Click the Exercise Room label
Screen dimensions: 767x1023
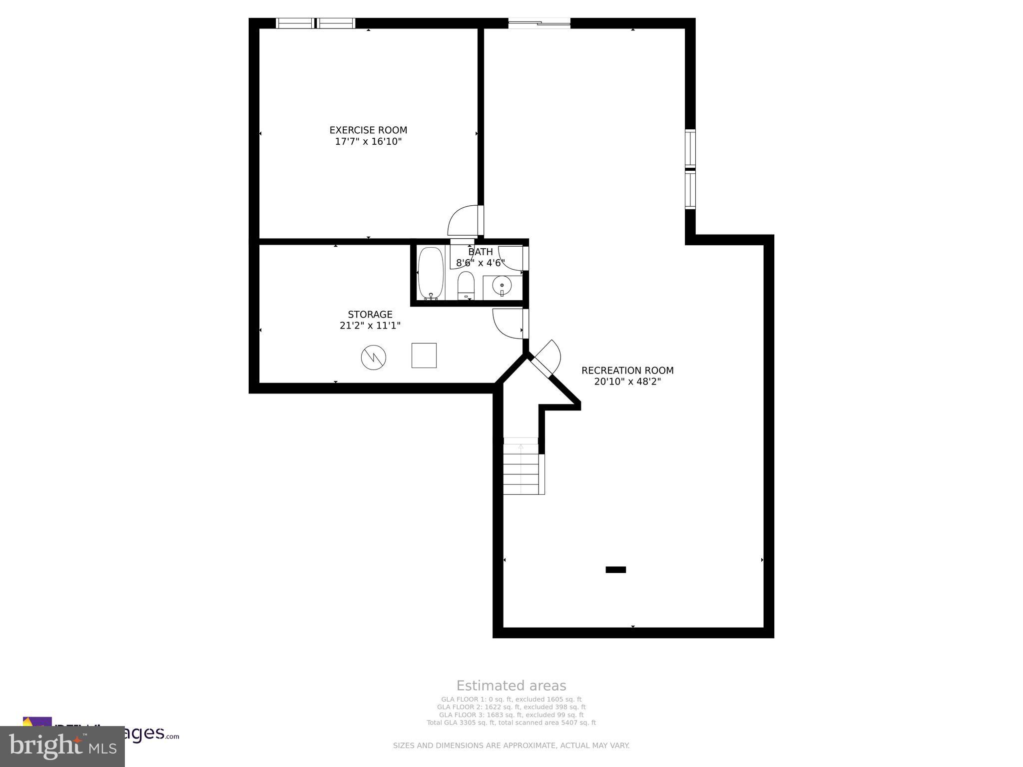tap(368, 130)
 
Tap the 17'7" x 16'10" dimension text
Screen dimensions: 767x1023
tap(368, 142)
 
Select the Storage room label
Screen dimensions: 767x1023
tap(370, 315)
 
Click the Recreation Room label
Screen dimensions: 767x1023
tap(627, 371)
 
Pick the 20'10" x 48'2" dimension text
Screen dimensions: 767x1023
tap(627, 382)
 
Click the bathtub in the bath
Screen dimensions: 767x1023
tap(431, 273)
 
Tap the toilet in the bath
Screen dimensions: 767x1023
tap(466, 285)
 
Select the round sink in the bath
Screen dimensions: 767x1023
tap(502, 286)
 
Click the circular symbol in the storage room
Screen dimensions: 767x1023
tap(374, 358)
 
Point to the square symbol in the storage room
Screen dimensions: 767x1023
tap(424, 356)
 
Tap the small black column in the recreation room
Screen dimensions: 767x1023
tap(615, 570)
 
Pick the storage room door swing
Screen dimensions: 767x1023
tap(508, 324)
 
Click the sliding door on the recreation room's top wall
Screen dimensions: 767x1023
tap(539, 22)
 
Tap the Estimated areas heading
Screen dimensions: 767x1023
tap(511, 686)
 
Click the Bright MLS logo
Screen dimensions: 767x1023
tap(62, 747)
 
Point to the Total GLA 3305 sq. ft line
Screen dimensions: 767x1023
tap(511, 723)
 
